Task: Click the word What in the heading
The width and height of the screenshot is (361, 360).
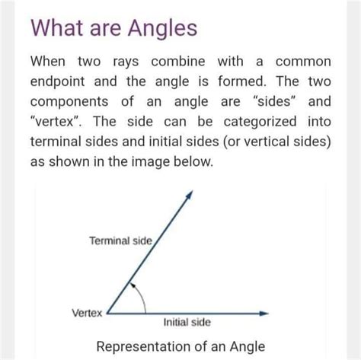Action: point(56,27)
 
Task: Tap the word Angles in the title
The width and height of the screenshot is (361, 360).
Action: point(162,29)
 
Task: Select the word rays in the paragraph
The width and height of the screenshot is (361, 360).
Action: point(126,62)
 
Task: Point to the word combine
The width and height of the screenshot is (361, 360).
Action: point(178,62)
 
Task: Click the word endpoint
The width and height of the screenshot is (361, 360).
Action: point(57,82)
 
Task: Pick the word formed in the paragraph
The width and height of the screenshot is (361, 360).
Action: point(242,81)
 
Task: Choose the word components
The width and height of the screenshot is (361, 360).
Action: point(69,102)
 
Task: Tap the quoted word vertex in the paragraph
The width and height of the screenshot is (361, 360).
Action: point(56,121)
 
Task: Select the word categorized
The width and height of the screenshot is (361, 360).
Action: point(260,122)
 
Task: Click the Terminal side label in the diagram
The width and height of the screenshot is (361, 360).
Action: point(120,241)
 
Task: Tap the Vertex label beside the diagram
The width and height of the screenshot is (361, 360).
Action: point(87,313)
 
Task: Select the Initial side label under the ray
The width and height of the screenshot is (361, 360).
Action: point(187,322)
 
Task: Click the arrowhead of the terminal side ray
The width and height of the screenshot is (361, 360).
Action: point(190,196)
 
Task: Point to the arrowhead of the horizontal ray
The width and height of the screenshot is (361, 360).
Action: point(264,314)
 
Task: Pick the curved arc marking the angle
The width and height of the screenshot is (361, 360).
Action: point(142,295)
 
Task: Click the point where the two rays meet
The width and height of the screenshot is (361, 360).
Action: point(107,314)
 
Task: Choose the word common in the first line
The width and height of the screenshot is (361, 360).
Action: point(303,62)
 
